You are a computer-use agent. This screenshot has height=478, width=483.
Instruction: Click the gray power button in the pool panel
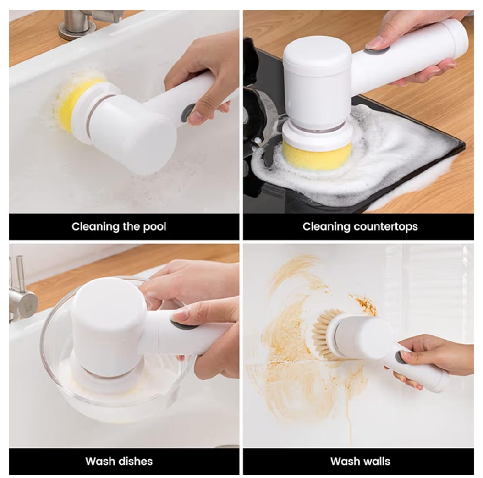tap(187, 112)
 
